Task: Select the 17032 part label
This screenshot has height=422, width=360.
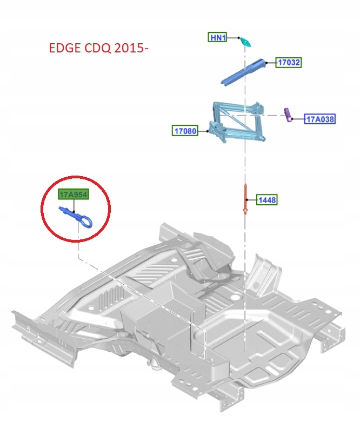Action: (289, 63)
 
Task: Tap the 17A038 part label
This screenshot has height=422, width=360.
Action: (320, 119)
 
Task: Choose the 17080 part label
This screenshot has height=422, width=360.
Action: (185, 130)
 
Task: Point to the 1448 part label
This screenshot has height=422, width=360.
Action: (267, 200)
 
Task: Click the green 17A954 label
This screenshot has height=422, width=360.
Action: (73, 195)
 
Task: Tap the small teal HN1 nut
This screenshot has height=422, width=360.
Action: (246, 42)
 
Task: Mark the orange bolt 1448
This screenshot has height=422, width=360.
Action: (246, 199)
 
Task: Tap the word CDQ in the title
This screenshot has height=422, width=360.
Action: (96, 49)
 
